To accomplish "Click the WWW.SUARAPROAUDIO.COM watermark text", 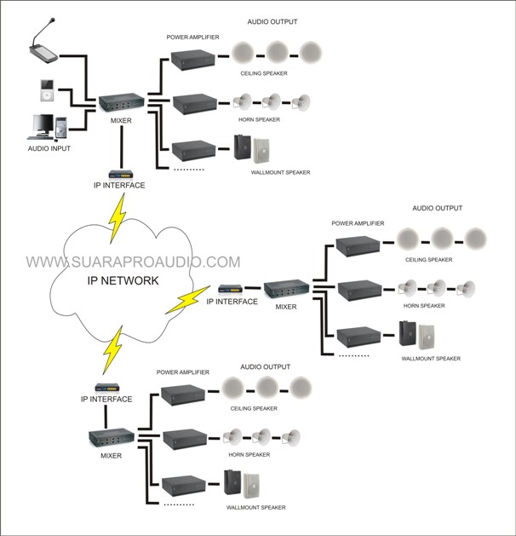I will [133, 262].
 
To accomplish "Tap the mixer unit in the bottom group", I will [110, 439].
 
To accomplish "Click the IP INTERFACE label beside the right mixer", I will [232, 302].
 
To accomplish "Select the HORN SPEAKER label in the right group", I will [425, 305].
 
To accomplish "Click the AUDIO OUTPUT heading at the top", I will [272, 21].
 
